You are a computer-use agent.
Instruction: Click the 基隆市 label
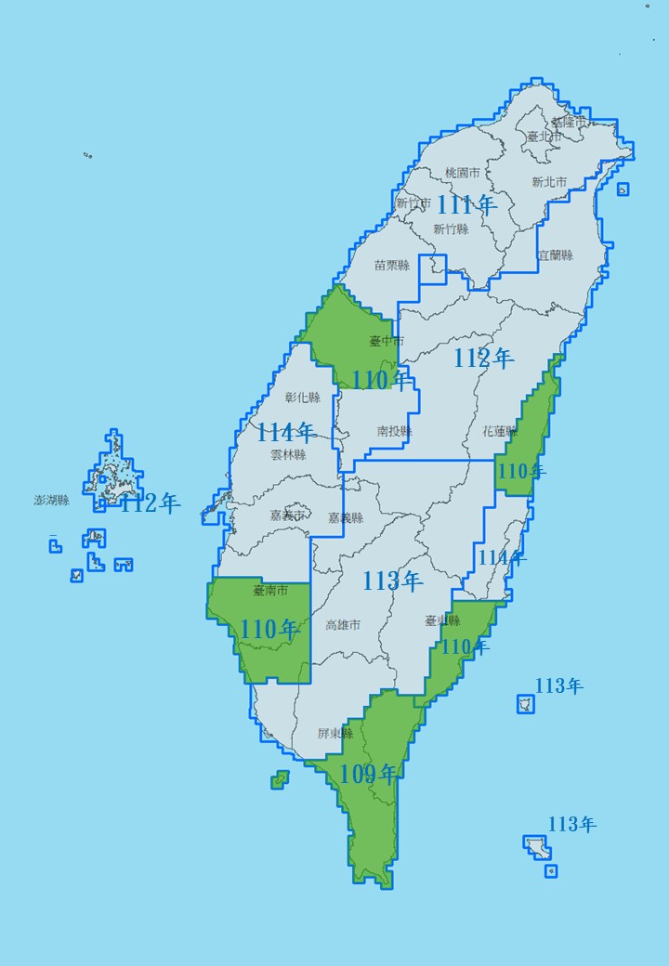[570, 122]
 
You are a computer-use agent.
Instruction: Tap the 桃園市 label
[462, 173]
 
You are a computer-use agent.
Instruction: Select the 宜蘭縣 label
[556, 255]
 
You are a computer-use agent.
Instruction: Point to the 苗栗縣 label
[391, 265]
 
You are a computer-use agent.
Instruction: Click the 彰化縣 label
[302, 398]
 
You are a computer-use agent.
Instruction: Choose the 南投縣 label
[394, 431]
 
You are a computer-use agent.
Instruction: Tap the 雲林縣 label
[288, 455]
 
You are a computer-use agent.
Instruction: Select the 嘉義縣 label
[345, 517]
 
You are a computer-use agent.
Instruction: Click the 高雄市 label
[343, 625]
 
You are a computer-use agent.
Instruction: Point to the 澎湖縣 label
[52, 500]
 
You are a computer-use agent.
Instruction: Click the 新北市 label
[549, 182]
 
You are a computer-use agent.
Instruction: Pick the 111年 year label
[467, 204]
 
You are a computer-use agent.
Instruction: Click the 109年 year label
[369, 774]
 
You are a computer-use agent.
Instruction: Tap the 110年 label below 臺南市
[269, 629]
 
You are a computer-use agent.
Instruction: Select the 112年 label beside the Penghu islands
[151, 503]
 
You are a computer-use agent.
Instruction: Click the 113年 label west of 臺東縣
[392, 581]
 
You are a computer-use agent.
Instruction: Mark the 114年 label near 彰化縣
[285, 432]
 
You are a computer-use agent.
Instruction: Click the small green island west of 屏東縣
[280, 779]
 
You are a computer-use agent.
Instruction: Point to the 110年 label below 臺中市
[381, 380]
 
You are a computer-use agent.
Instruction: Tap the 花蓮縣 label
[501, 432]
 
